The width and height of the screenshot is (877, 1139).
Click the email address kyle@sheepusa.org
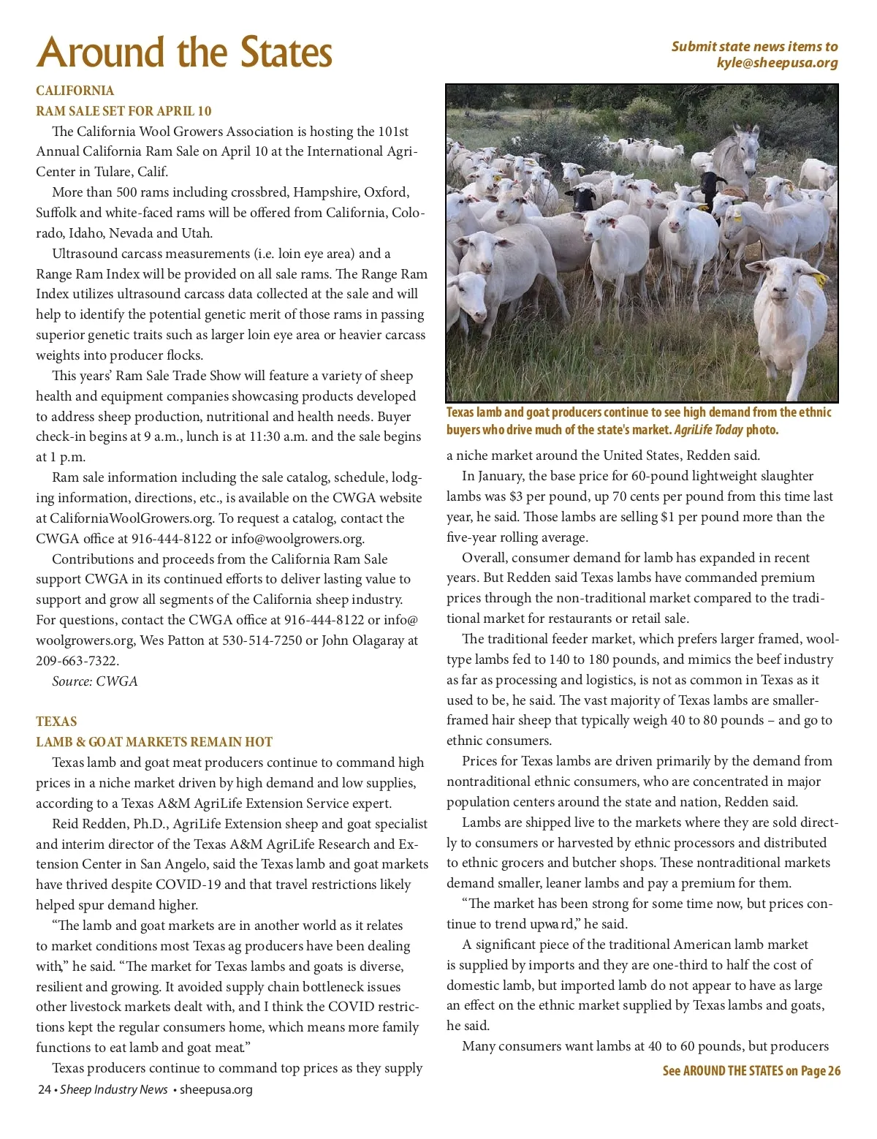(x=777, y=63)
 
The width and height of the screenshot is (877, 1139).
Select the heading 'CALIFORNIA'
(x=75, y=91)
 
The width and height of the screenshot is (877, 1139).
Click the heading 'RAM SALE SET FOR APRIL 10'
(x=124, y=111)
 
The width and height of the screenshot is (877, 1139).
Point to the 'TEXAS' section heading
(x=56, y=722)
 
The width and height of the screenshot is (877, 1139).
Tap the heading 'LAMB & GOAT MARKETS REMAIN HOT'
(x=154, y=742)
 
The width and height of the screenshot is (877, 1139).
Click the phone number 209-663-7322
(x=77, y=661)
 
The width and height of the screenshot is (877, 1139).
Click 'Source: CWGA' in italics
(x=94, y=681)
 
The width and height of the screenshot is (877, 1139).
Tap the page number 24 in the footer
(x=44, y=1089)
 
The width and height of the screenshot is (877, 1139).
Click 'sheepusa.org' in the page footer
(x=216, y=1089)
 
